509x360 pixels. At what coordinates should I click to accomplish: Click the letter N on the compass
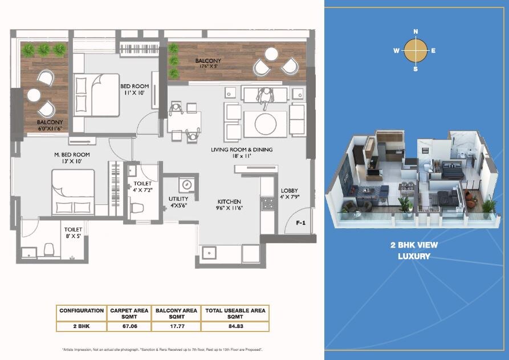[416, 31]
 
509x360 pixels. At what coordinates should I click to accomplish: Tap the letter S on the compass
[416, 69]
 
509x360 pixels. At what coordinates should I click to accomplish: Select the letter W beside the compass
[396, 50]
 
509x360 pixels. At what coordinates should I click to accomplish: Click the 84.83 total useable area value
[234, 327]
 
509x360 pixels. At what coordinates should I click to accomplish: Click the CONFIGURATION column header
[82, 311]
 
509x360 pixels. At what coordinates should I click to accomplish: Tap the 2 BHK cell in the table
[82, 327]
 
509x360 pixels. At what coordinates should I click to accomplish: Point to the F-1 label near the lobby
[301, 223]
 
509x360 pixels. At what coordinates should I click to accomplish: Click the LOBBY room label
[289, 191]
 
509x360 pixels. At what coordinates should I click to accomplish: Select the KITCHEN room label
[229, 201]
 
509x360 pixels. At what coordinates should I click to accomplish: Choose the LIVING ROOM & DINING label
[242, 149]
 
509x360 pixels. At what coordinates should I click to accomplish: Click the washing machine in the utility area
[186, 186]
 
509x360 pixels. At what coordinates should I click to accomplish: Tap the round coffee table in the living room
[266, 123]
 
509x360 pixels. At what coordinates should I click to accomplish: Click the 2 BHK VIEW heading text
[415, 245]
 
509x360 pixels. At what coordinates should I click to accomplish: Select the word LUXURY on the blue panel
[415, 256]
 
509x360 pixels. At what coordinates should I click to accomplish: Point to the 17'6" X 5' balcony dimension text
[208, 66]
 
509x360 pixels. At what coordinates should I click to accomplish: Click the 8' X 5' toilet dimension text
[74, 234]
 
